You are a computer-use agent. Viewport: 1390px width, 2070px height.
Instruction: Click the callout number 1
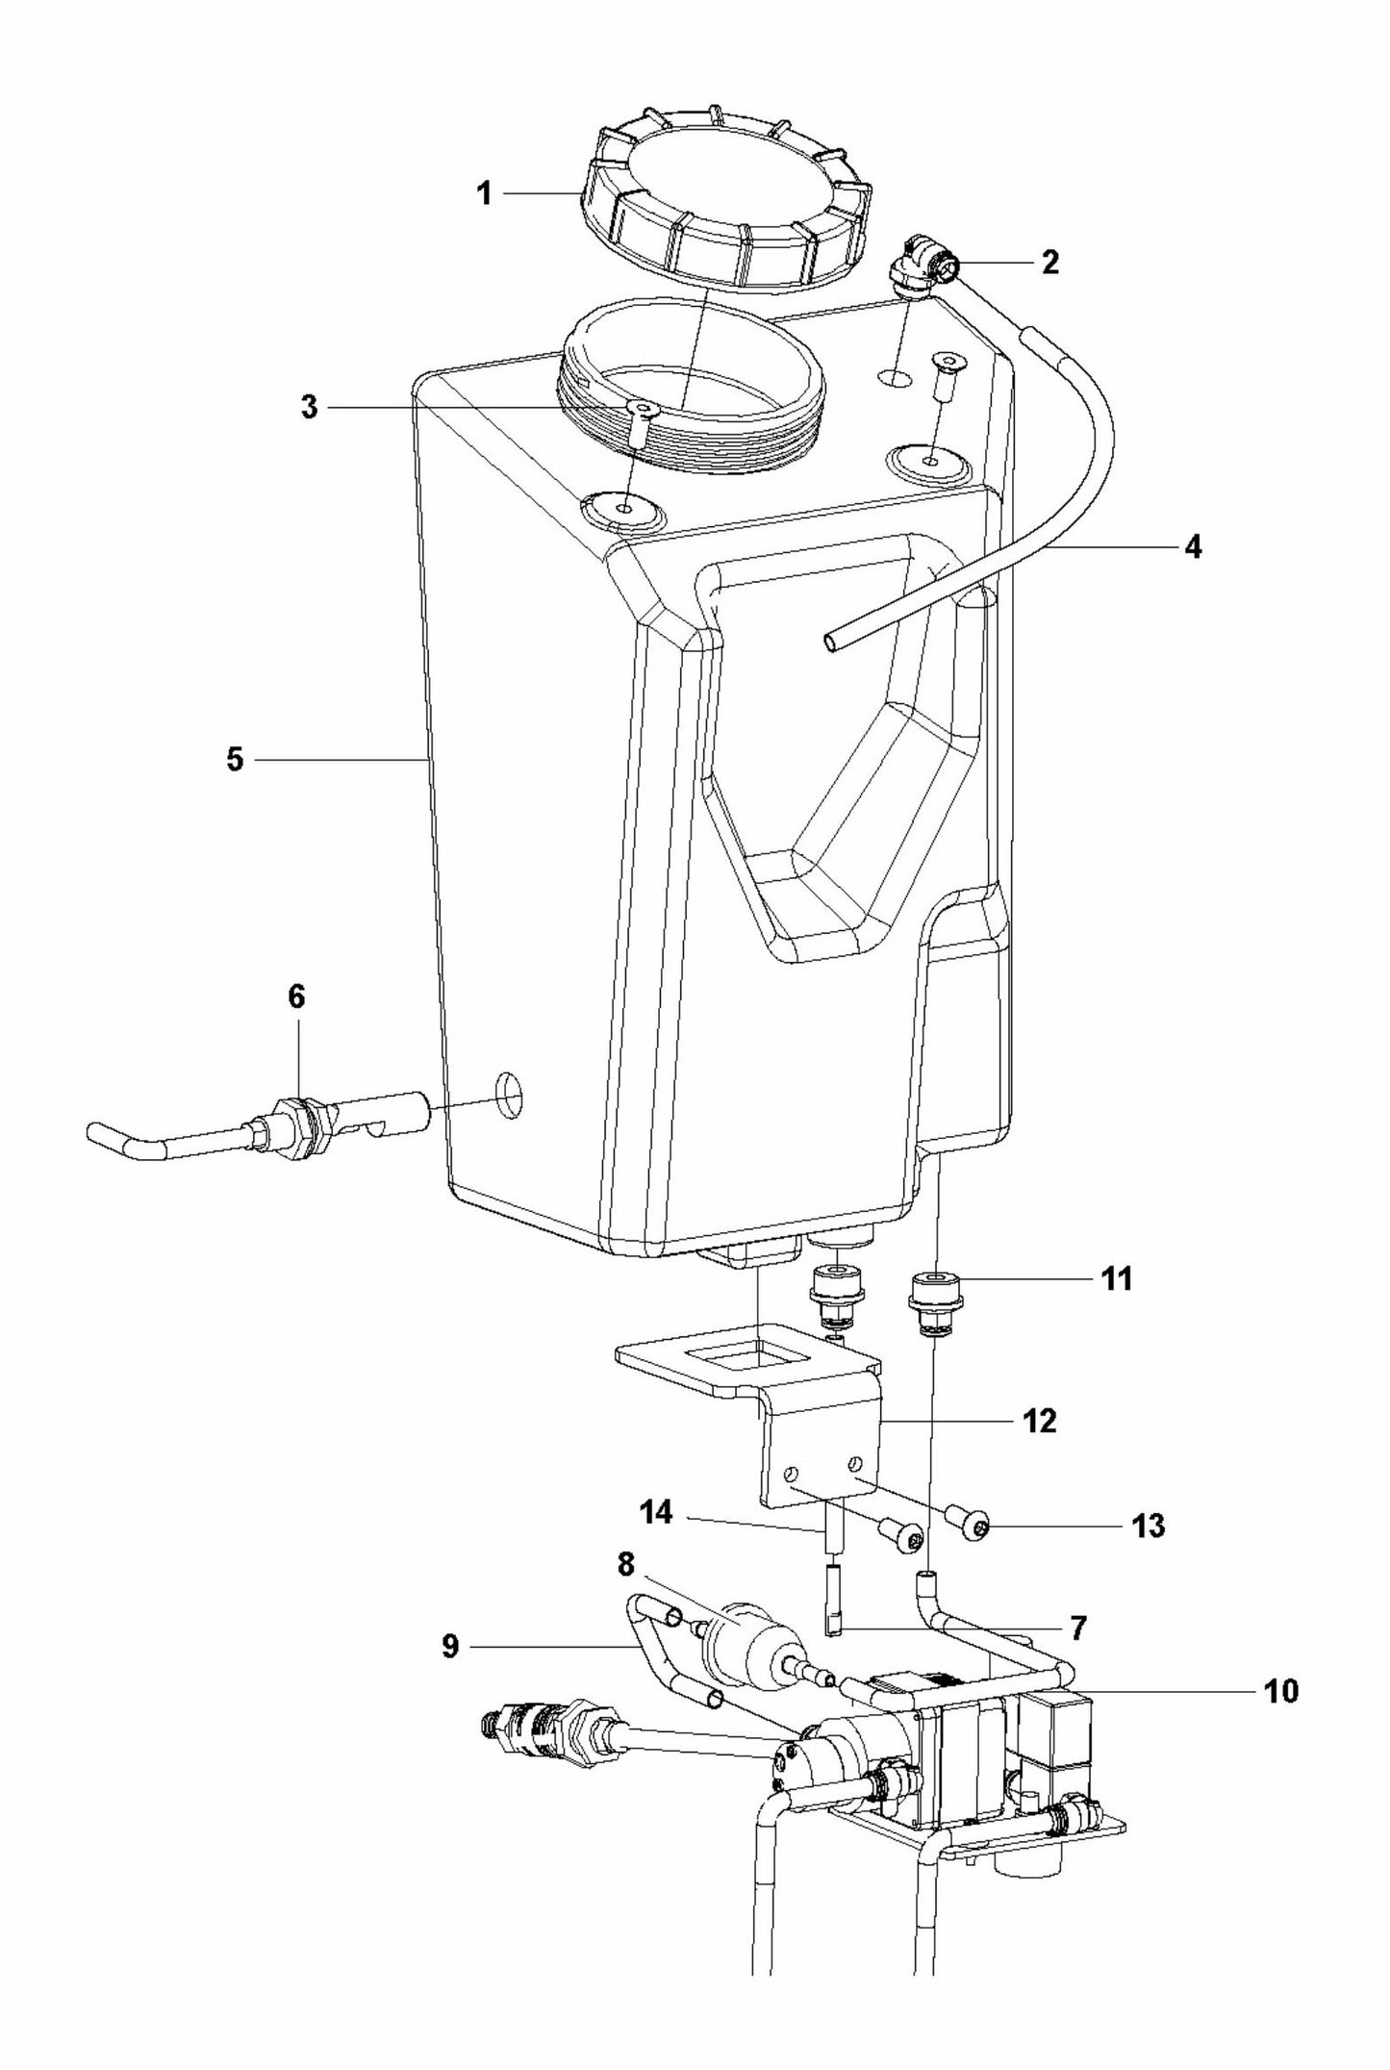point(485,194)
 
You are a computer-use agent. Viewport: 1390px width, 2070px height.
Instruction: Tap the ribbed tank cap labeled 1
point(726,207)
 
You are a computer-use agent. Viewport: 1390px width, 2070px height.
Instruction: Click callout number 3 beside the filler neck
point(309,407)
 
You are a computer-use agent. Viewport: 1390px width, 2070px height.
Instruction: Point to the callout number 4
point(1193,547)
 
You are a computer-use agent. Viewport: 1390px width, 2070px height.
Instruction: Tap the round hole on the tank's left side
point(510,1096)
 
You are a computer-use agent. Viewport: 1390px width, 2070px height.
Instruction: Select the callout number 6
point(296,997)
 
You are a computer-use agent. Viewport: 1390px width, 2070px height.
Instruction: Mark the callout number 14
point(658,1513)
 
